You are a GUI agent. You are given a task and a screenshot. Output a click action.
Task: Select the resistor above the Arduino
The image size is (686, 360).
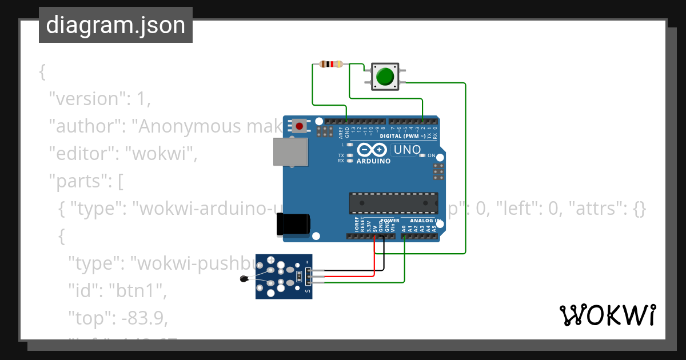(332, 64)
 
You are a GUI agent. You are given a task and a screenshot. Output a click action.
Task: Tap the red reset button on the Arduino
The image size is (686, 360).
(299, 126)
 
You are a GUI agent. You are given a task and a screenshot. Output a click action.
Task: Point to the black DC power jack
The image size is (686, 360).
(293, 224)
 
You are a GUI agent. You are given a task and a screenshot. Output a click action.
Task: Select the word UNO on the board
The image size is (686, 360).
(407, 150)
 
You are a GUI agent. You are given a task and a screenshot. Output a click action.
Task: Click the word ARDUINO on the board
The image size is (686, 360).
(373, 161)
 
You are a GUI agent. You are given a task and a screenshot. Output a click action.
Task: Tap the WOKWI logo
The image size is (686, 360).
(607, 315)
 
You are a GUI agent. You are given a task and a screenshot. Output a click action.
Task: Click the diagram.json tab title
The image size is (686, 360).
(115, 25)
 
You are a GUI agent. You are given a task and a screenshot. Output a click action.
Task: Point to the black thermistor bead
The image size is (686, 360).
(243, 279)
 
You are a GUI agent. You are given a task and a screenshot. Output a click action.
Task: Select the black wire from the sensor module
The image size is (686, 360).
(384, 260)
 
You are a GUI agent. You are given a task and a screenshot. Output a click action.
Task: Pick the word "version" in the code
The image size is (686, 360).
(86, 98)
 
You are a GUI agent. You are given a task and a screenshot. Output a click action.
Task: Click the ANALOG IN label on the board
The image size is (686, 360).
(425, 221)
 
